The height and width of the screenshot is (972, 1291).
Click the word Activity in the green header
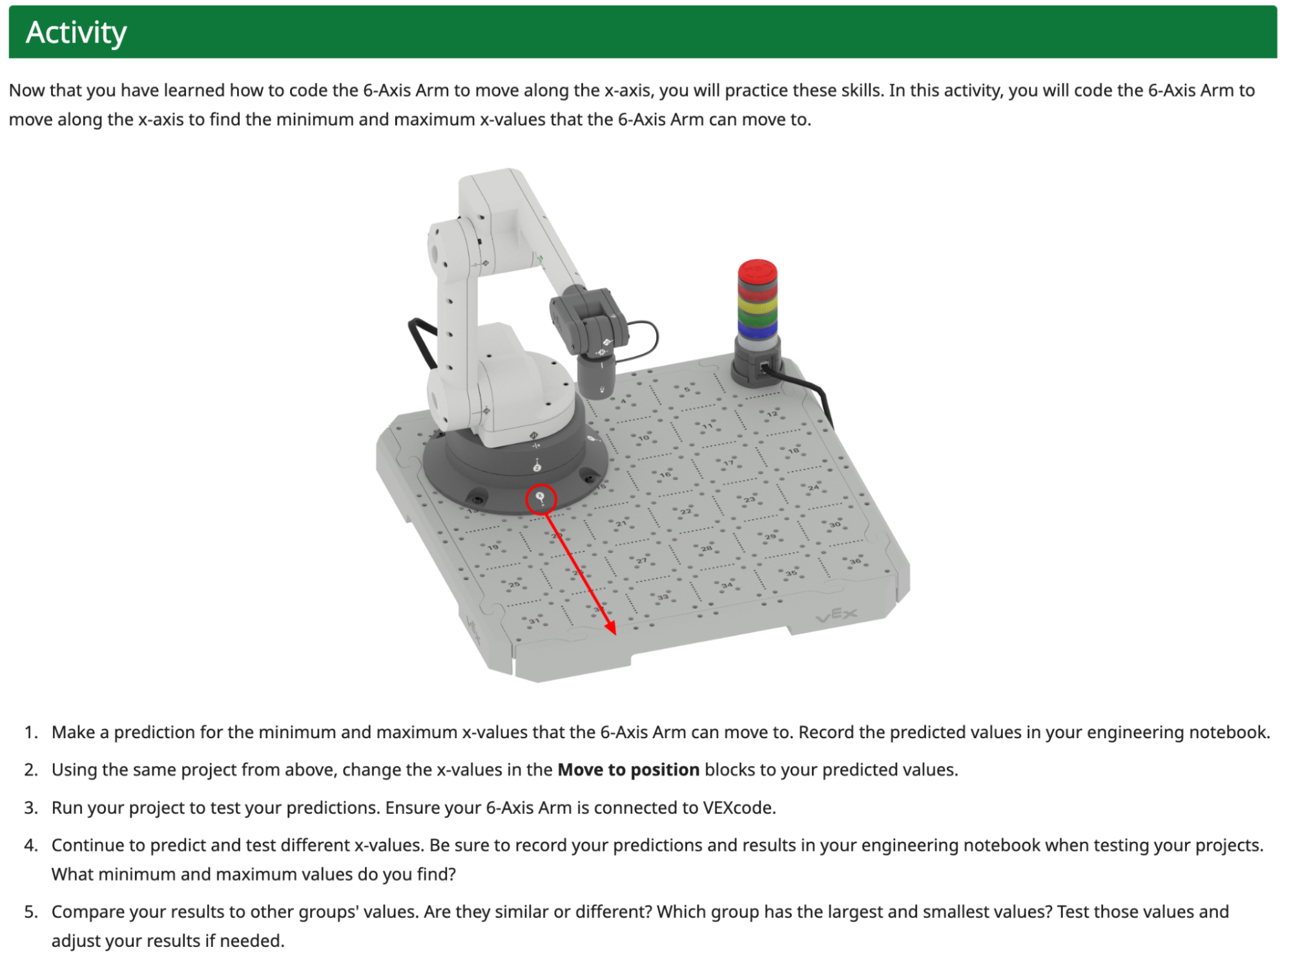[x=76, y=32]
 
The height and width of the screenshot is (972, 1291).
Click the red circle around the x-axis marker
[x=541, y=499]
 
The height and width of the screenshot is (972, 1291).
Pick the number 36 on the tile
[x=855, y=561]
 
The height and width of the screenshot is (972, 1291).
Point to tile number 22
[x=685, y=512]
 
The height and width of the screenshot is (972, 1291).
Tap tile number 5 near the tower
[x=687, y=389]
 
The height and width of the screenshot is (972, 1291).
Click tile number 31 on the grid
[x=534, y=621]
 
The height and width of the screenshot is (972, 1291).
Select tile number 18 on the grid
[x=793, y=450]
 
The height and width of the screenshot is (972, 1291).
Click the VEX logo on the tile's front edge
[x=837, y=615]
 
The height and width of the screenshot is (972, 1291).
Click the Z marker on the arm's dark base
[x=537, y=466]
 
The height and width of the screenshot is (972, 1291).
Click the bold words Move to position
[x=628, y=770]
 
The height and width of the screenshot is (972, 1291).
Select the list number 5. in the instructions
[x=31, y=912]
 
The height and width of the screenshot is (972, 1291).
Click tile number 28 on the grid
[x=707, y=548]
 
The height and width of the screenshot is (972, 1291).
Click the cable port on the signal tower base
[x=765, y=368]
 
